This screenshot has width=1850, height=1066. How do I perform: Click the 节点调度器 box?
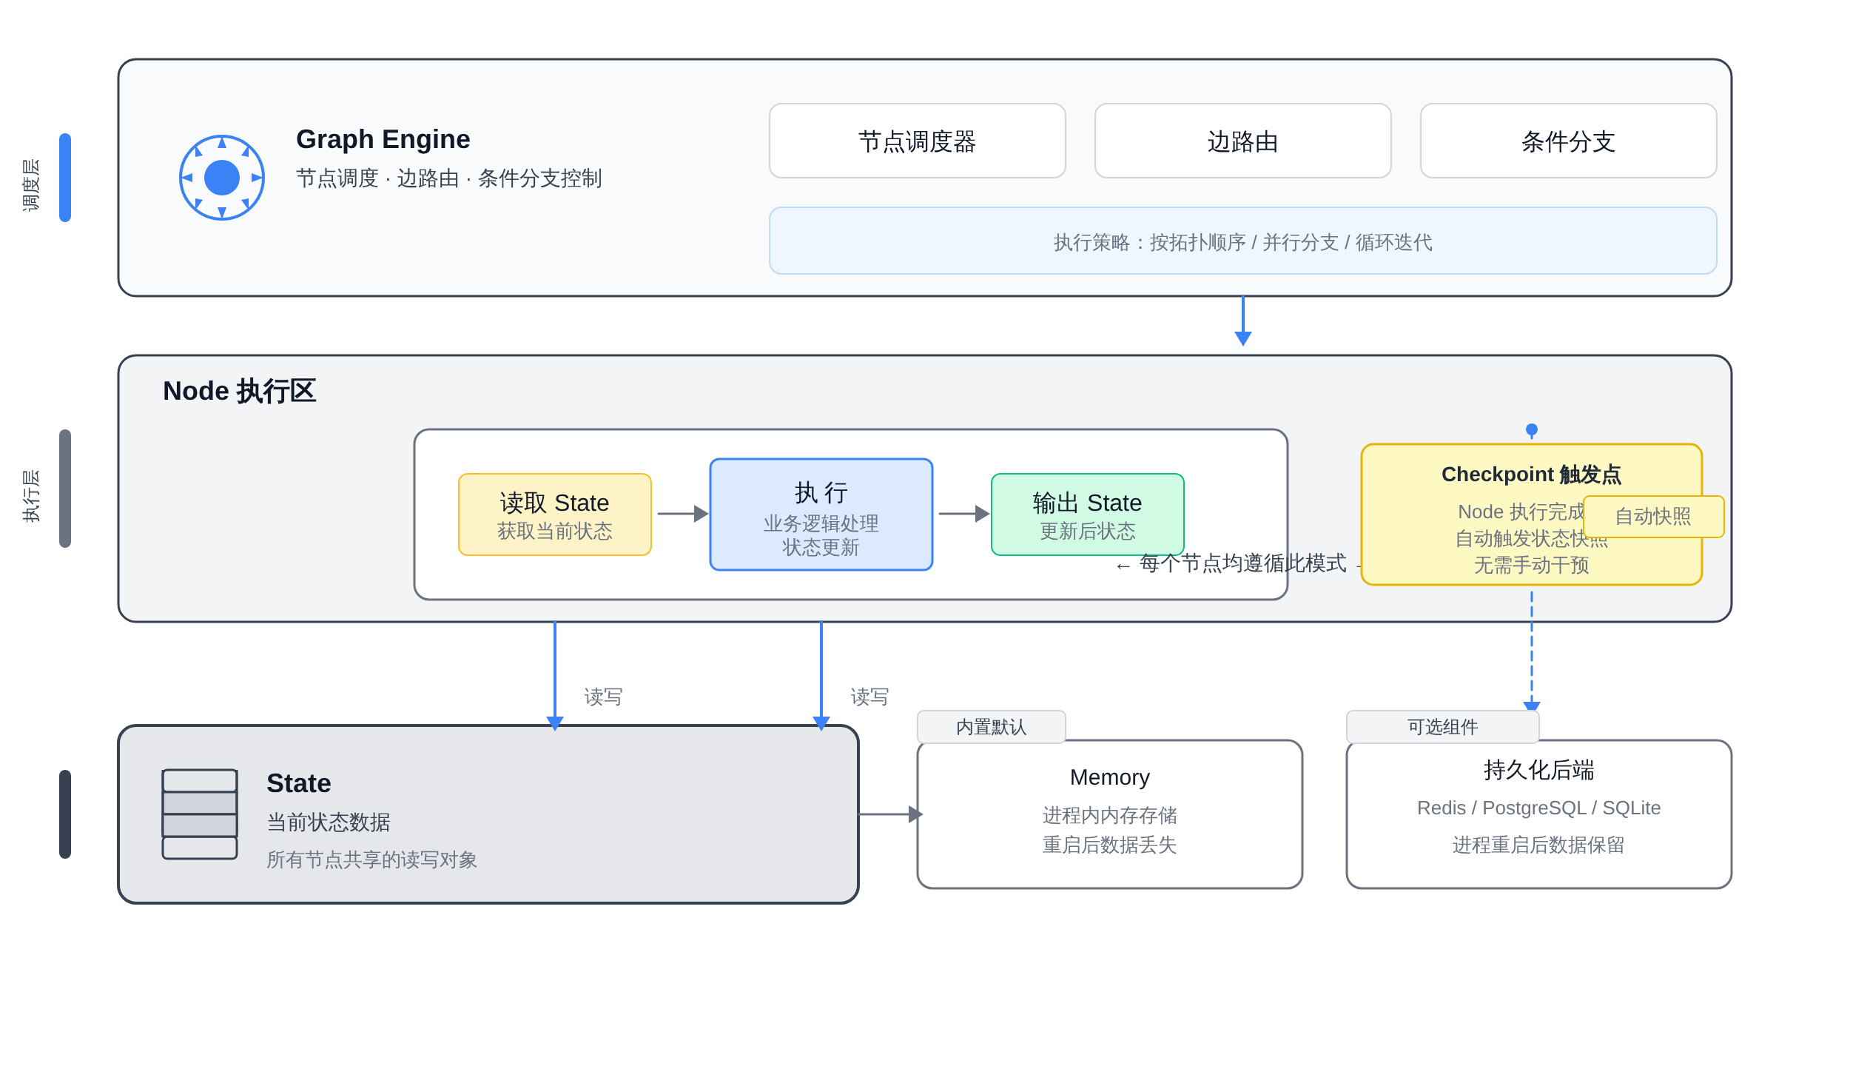click(x=917, y=141)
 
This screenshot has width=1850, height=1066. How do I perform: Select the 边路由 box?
click(x=1242, y=141)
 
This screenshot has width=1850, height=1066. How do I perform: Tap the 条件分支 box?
click(x=1568, y=141)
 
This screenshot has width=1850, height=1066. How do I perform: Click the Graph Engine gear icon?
click(x=222, y=178)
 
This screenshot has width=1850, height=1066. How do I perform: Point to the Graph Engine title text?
click(x=383, y=139)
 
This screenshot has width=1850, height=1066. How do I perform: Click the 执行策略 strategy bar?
click(x=1242, y=241)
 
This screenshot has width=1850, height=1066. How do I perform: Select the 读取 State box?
click(x=554, y=514)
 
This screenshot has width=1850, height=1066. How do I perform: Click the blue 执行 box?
click(x=821, y=514)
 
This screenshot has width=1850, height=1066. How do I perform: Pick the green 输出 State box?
click(x=1087, y=514)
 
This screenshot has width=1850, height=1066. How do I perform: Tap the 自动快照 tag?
click(x=1653, y=517)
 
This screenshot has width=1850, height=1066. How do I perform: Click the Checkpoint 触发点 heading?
click(x=1531, y=475)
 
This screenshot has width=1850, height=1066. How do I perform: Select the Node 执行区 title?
click(x=239, y=391)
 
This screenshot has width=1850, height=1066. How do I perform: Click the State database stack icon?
click(x=200, y=814)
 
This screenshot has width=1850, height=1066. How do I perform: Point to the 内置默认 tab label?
click(x=991, y=727)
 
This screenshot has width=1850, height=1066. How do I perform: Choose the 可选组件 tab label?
click(x=1442, y=727)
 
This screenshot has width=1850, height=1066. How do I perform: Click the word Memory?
click(x=1109, y=777)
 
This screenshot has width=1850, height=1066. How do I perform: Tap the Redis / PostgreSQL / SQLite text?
click(x=1538, y=808)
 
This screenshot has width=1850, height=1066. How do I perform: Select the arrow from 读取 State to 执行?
click(x=682, y=514)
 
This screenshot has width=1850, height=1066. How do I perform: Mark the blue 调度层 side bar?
click(x=65, y=178)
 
